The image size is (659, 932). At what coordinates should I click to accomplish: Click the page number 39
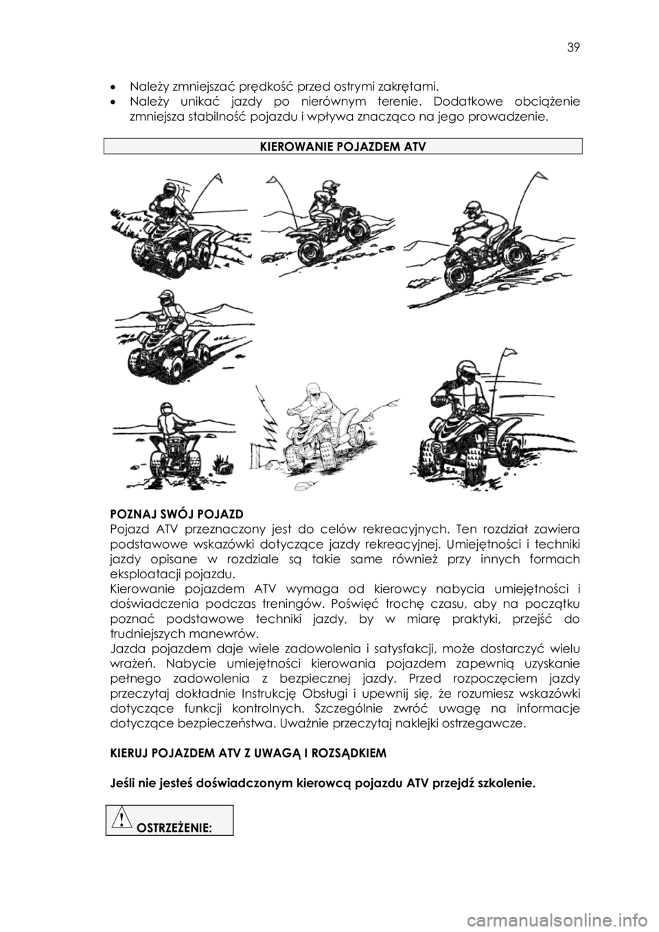point(573,48)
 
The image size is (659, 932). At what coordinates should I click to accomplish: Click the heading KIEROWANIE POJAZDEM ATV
point(343,146)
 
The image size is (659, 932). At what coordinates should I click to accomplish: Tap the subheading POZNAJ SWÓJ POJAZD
point(176,514)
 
